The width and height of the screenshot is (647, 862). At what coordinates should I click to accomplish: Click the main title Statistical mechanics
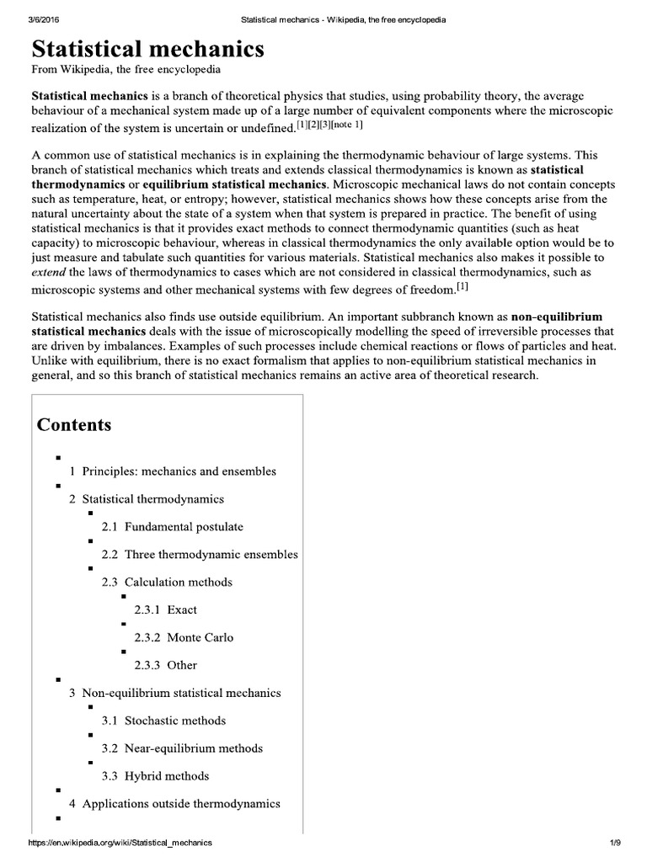point(147,49)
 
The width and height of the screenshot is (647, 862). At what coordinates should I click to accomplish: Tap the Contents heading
point(74,424)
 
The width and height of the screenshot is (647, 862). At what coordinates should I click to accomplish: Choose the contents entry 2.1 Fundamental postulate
point(172,527)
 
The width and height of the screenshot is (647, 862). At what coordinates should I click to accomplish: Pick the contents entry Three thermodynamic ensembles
point(211,555)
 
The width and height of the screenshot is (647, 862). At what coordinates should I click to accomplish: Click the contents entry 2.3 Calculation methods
point(167,582)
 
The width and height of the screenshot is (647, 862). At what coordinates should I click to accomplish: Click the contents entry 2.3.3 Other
point(165,665)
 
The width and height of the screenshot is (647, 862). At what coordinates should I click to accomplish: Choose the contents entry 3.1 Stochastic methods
point(163,721)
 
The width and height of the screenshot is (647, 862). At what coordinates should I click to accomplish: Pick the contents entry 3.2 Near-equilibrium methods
point(182,748)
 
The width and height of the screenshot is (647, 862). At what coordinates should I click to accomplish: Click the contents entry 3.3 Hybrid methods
point(155,776)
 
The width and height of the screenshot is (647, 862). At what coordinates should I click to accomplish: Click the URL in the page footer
point(120,843)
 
